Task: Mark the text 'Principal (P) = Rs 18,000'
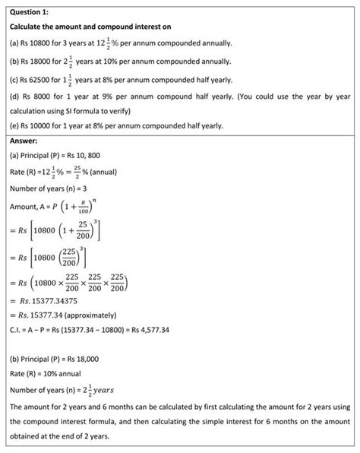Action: coord(69,357)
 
